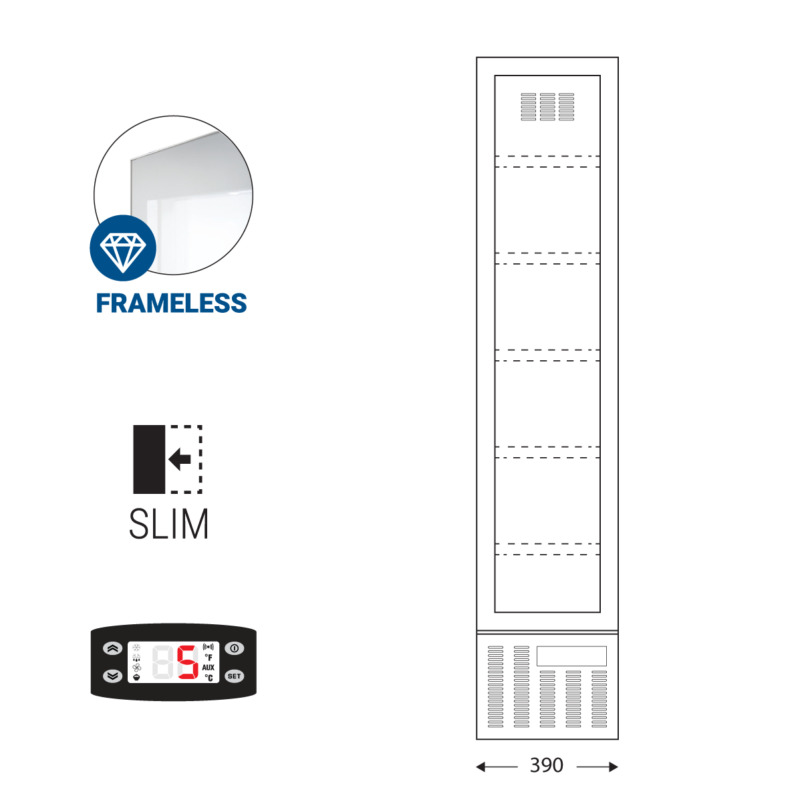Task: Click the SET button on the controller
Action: [x=234, y=676]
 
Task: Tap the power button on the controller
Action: [x=234, y=648]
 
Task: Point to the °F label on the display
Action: [x=209, y=658]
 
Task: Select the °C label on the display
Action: [x=209, y=678]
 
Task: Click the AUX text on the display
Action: [x=209, y=668]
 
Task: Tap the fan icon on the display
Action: [x=137, y=667]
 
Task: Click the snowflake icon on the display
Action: [x=137, y=648]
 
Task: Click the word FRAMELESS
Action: [x=172, y=303]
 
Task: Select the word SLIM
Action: [x=169, y=525]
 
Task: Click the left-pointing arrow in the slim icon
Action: [x=180, y=459]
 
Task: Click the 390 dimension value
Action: [x=547, y=766]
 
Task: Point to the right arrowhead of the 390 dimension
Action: [x=614, y=767]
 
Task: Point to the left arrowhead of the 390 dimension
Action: [x=481, y=767]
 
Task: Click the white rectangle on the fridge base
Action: [x=571, y=656]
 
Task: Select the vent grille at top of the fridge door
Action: [x=547, y=107]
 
